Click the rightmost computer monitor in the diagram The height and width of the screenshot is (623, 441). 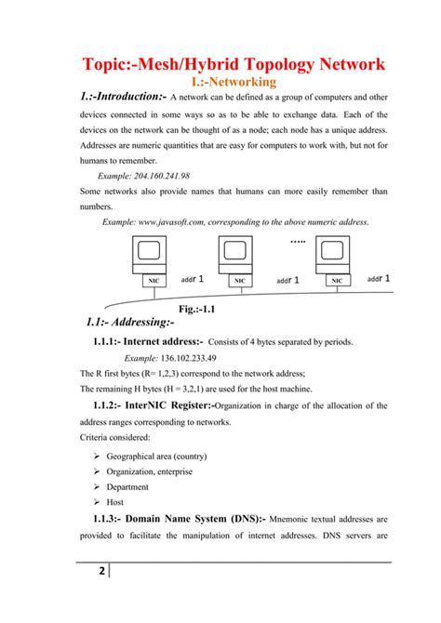click(x=332, y=251)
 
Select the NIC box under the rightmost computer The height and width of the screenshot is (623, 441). click(x=336, y=279)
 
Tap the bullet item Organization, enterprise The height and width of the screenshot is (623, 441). click(x=151, y=471)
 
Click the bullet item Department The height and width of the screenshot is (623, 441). click(x=127, y=486)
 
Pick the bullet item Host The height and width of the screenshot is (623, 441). click(x=116, y=501)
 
